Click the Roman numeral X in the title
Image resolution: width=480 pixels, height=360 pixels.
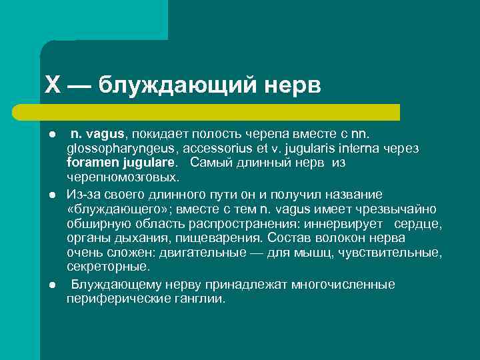point(53,85)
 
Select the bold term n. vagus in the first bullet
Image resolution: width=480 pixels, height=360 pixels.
point(97,133)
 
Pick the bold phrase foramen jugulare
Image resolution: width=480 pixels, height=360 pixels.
point(122,163)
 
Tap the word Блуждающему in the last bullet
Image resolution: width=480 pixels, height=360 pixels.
point(113,285)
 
